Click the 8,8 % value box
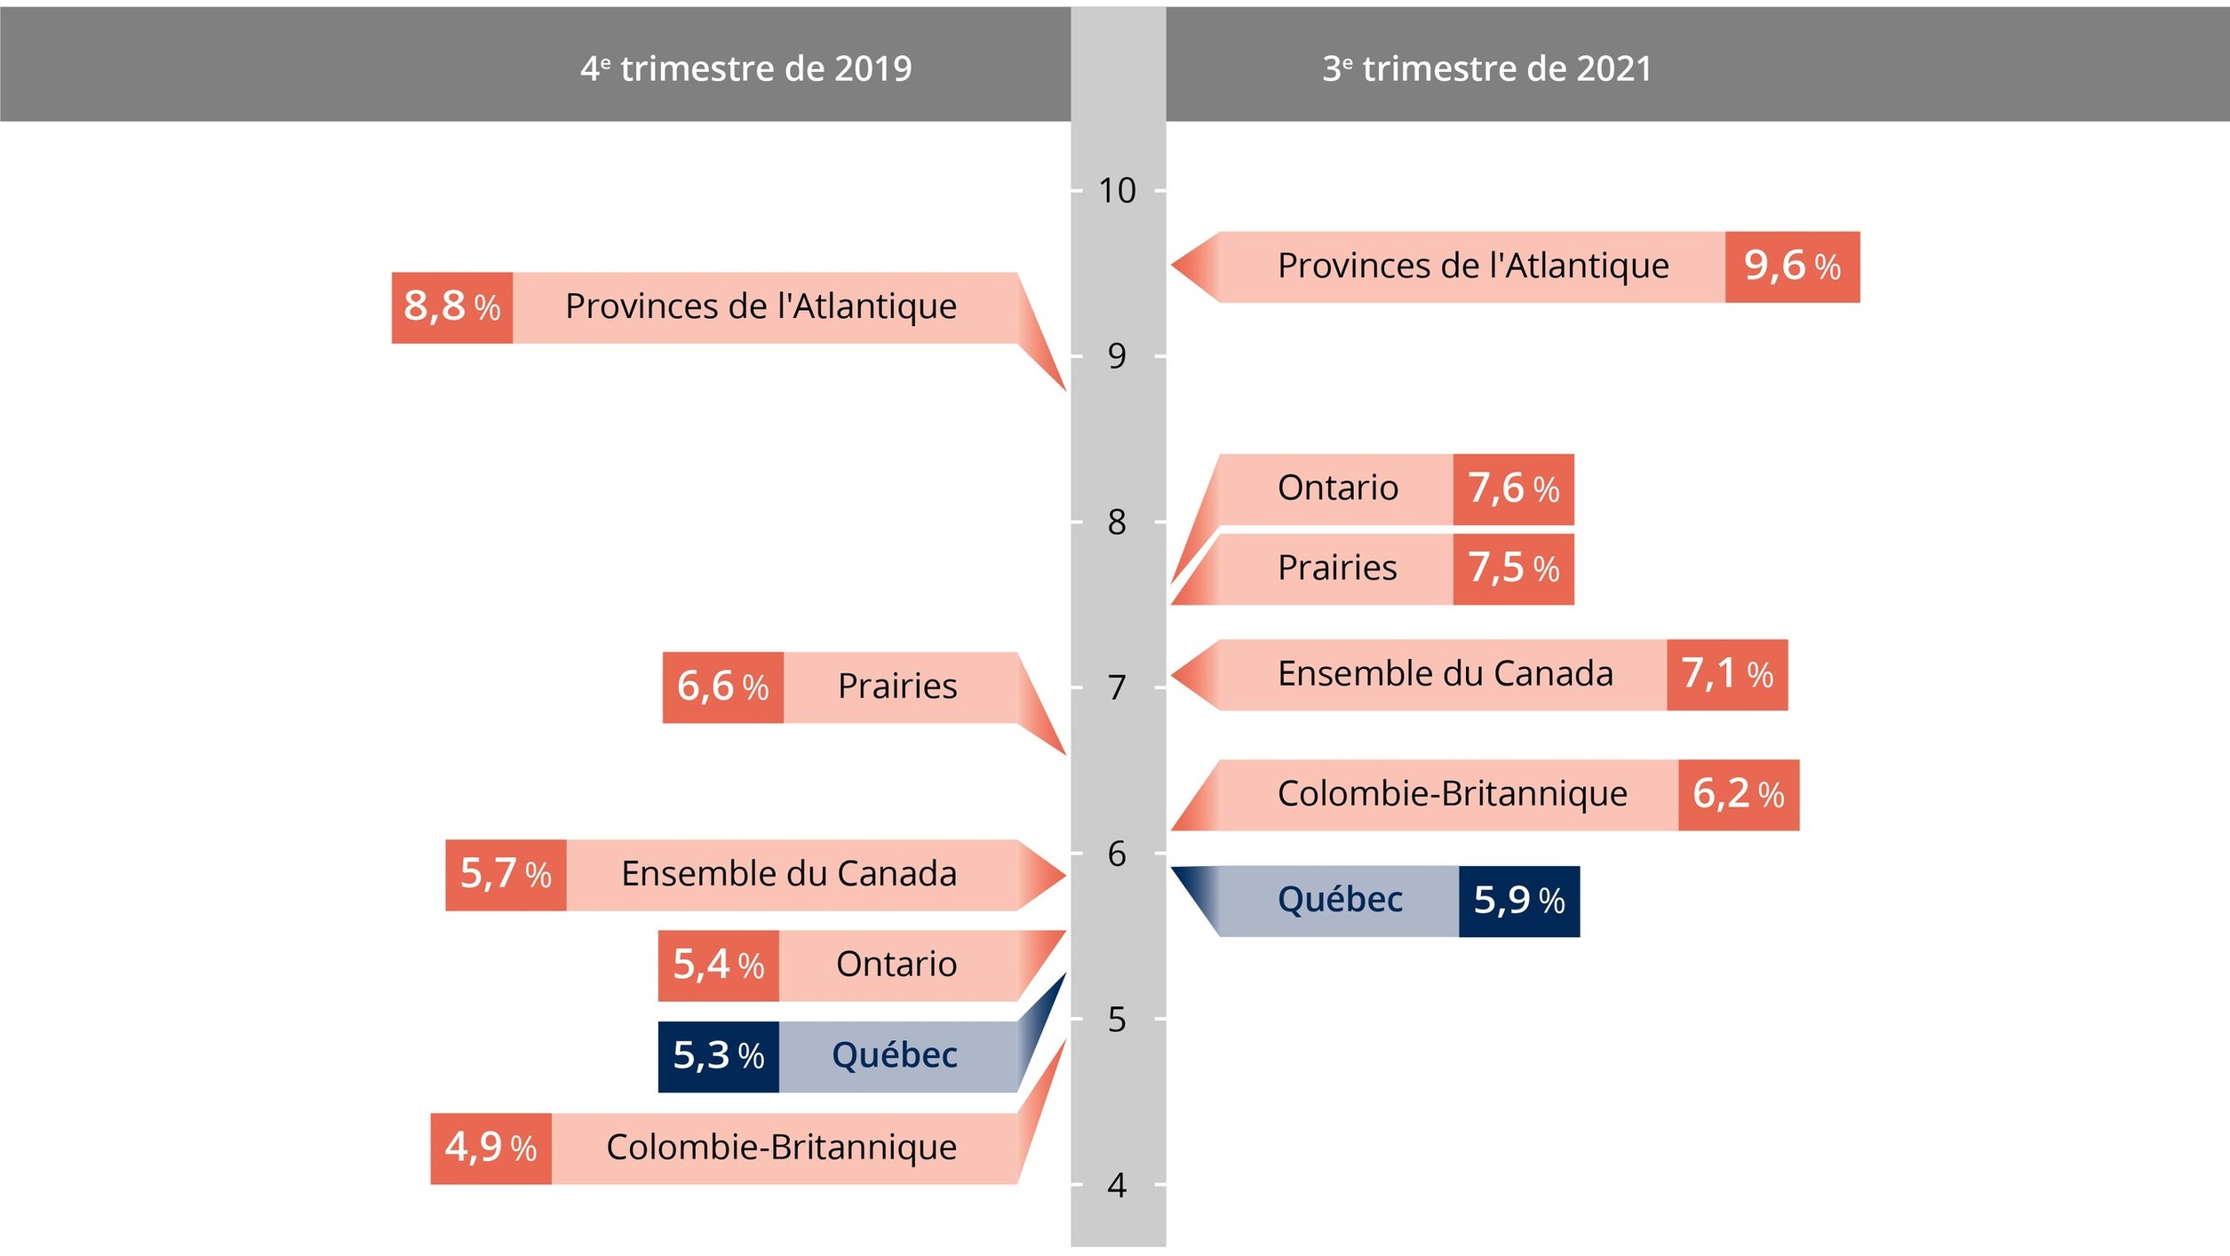pos(451,307)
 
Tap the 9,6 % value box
pos(1791,266)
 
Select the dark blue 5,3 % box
pos(718,1056)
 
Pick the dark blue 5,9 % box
pos(1518,901)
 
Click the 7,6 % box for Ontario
pos(1512,489)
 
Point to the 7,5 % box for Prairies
pos(1512,569)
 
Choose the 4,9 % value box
pos(490,1148)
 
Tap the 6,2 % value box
pos(1737,795)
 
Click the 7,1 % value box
pos(1726,675)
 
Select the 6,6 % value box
pos(722,688)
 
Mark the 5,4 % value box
pos(718,966)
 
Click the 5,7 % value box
pos(505,875)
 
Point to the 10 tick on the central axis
pos(1117,190)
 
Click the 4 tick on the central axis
pos(1117,1185)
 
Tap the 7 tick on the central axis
pos(1117,688)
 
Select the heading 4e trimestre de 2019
pos(745,68)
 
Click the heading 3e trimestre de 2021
pos(1486,68)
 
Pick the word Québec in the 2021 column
pos(1339,900)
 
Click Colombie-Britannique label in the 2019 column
pos(781,1148)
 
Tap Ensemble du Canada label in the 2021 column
pos(1445,674)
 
